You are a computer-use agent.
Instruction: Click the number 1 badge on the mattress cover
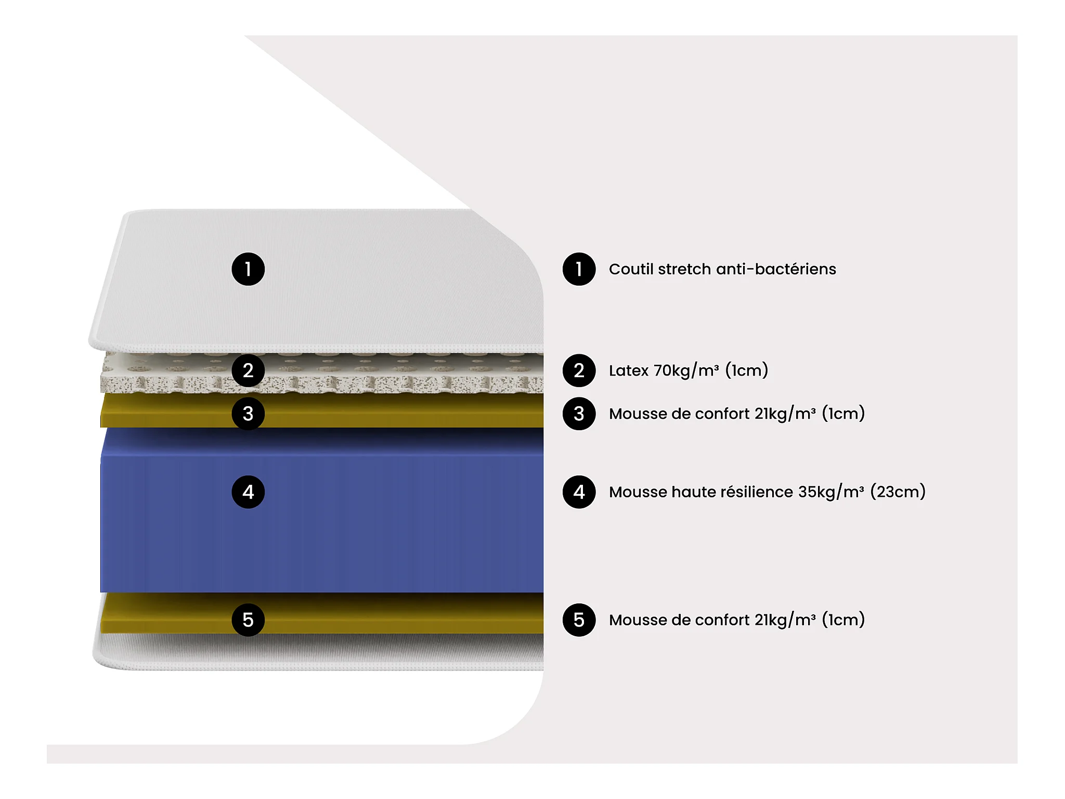248,269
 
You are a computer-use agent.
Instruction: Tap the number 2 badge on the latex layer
248,370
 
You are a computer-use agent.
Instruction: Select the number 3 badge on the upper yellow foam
248,414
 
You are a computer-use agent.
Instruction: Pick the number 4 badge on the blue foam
248,492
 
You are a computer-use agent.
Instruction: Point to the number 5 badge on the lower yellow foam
248,620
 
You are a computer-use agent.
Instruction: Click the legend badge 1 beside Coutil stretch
579,269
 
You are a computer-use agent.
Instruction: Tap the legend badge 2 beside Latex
579,370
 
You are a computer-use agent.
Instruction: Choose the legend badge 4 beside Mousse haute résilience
579,492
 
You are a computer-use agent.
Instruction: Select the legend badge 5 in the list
579,620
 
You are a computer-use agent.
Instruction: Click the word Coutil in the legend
631,269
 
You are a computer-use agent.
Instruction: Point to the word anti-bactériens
776,269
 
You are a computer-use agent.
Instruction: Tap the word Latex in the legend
628,370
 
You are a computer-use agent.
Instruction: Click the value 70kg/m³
686,370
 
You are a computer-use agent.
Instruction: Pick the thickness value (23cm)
898,492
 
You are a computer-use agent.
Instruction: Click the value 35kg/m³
830,492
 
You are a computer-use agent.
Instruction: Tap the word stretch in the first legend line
684,269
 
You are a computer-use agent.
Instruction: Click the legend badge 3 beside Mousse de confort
579,414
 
